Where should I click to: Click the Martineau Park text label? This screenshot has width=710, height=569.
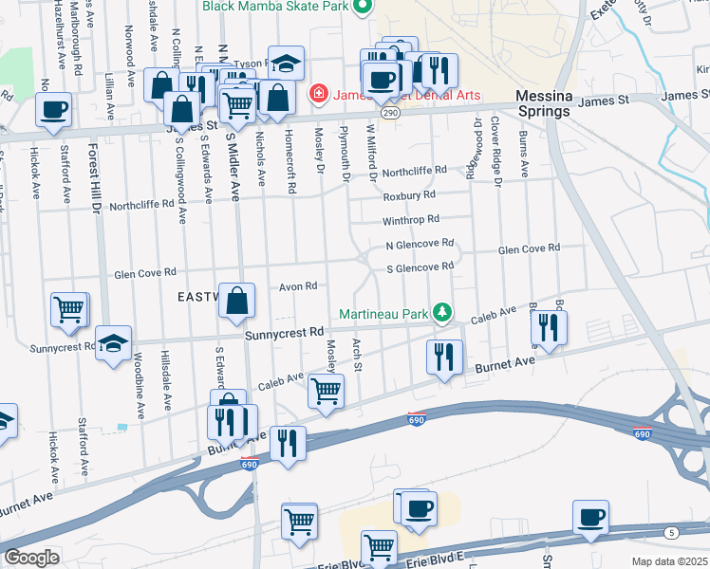[384, 313]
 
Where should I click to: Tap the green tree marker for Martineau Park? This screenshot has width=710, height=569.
[441, 312]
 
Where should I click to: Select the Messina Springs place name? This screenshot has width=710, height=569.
[543, 104]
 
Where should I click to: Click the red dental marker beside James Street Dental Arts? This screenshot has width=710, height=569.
[319, 94]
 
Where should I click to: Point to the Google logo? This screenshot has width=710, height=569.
[31, 558]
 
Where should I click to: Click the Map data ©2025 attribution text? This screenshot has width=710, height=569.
[669, 561]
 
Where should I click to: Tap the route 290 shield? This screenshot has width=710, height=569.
[389, 113]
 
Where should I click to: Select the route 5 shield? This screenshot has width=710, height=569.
[672, 533]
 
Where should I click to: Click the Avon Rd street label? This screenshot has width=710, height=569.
[297, 285]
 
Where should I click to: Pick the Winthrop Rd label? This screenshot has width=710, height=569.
[411, 219]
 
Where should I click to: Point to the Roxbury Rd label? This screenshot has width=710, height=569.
[409, 195]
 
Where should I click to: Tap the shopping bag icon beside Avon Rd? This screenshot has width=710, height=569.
[237, 301]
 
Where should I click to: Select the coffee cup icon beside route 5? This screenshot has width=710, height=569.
[591, 518]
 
